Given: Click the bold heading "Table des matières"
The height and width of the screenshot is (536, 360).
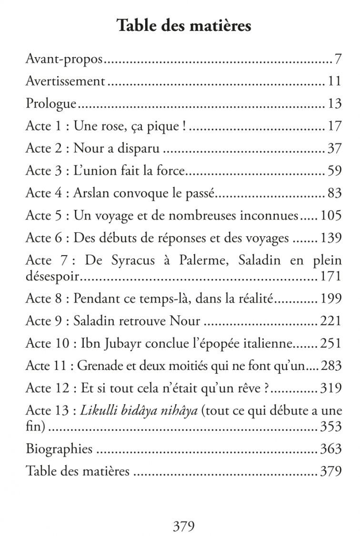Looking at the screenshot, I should click(x=184, y=26).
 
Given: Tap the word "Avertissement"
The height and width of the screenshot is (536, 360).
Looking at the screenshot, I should click(x=65, y=81).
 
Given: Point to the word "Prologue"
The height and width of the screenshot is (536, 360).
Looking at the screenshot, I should click(x=51, y=104).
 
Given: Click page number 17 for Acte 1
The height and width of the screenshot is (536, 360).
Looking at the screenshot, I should click(x=334, y=126).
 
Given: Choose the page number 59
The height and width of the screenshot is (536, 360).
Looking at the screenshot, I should click(x=334, y=170).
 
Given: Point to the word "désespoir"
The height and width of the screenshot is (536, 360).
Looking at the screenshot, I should click(x=52, y=276).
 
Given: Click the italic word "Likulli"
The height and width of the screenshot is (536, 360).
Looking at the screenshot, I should click(x=99, y=411).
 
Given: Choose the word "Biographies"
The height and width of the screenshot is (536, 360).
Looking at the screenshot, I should click(x=59, y=449).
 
